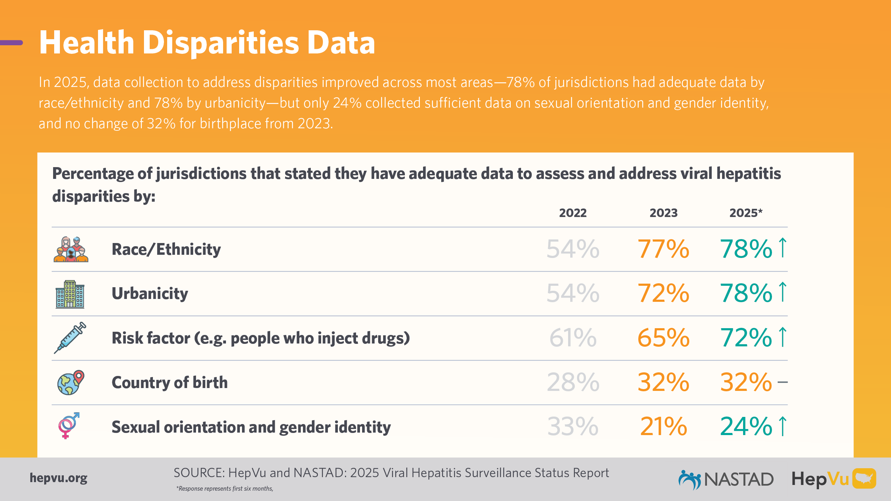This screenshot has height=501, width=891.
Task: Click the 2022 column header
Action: click(x=573, y=213)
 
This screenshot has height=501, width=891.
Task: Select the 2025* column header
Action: click(x=746, y=213)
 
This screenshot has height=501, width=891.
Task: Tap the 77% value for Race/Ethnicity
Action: click(x=663, y=249)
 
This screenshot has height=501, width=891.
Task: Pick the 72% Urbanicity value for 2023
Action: click(x=663, y=293)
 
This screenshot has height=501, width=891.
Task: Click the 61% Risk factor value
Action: click(x=573, y=338)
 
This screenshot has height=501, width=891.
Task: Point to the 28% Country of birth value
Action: click(x=573, y=382)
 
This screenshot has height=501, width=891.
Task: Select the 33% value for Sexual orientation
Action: click(x=573, y=427)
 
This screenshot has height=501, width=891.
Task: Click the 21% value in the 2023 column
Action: click(x=663, y=427)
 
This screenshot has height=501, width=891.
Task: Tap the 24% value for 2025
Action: click(x=746, y=427)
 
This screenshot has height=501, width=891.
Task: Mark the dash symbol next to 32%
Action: click(x=783, y=382)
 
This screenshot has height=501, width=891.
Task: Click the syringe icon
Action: click(x=70, y=338)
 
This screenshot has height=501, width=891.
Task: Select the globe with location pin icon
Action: click(x=71, y=382)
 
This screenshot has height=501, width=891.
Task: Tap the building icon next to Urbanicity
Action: click(x=70, y=294)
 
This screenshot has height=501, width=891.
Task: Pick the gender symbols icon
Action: click(x=68, y=426)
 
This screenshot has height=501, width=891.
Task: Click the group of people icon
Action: click(x=71, y=249)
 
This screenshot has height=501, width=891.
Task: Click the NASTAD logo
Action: click(x=726, y=480)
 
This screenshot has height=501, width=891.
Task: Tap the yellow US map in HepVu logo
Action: click(x=864, y=478)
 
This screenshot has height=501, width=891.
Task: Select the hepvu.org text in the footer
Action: click(x=58, y=478)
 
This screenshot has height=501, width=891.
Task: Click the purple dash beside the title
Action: click(x=11, y=43)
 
